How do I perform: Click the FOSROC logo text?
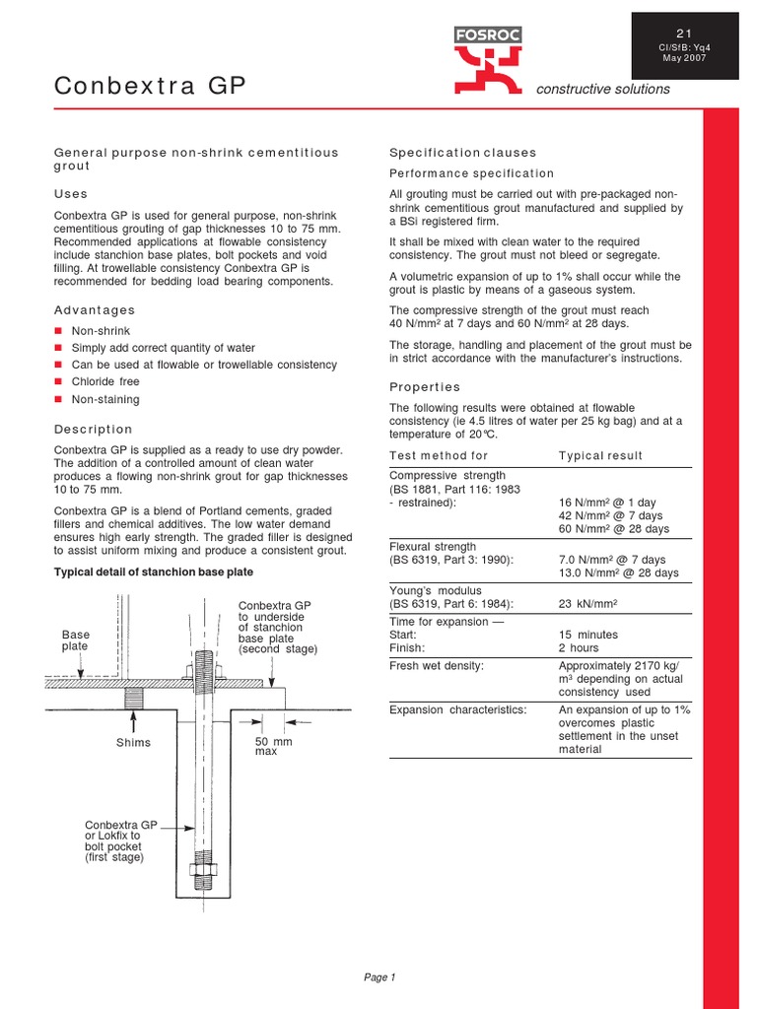488,35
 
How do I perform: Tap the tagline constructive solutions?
602,89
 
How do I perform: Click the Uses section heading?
70,194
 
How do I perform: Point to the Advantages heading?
94,310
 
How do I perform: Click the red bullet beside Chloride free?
59,381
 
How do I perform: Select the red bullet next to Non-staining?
59,399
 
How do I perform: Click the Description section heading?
93,430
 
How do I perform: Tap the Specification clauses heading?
462,153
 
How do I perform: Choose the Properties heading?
425,387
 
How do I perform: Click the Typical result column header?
600,455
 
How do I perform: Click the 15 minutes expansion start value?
588,635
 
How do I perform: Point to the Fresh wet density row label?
437,666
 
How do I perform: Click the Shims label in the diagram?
134,742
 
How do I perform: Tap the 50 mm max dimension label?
273,746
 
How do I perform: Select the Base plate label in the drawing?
75,640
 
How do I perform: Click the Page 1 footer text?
379,977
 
